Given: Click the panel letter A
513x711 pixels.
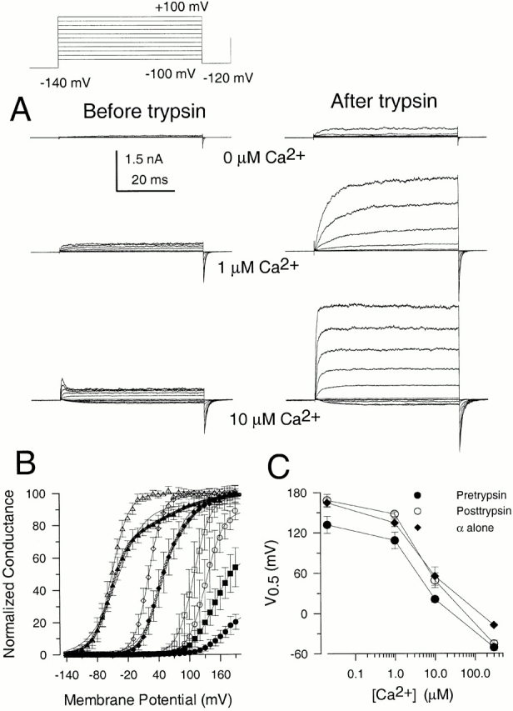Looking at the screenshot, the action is (x=20, y=110).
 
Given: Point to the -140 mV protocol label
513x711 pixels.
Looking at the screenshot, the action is (x=65, y=83).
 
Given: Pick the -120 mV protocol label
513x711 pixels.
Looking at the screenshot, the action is (x=227, y=78).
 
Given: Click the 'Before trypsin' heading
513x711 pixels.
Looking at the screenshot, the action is (x=144, y=111).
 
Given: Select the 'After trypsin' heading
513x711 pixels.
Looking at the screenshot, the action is (x=383, y=102).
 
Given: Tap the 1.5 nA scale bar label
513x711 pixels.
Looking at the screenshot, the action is (x=144, y=159).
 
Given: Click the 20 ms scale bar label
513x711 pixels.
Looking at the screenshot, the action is (x=150, y=179).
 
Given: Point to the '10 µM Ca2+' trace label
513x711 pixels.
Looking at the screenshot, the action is (x=275, y=418).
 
